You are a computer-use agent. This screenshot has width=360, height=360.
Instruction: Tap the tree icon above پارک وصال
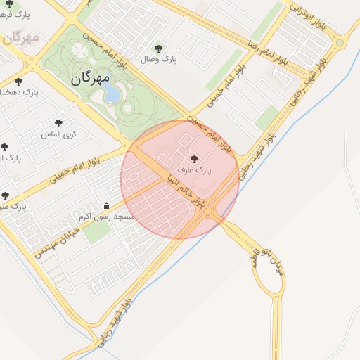(157, 49)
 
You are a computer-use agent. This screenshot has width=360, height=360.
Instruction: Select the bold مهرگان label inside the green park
(90, 80)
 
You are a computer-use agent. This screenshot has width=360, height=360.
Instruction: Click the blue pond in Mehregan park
(112, 94)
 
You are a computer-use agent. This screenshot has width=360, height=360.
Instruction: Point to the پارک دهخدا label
(20, 92)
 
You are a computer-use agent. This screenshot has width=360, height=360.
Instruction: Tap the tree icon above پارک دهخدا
(18, 82)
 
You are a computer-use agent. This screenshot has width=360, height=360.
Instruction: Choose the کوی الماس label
(61, 133)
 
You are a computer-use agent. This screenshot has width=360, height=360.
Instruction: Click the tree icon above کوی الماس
(58, 123)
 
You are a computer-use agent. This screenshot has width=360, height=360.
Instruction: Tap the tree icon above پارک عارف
(195, 160)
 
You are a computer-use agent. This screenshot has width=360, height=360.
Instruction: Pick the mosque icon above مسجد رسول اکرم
(106, 206)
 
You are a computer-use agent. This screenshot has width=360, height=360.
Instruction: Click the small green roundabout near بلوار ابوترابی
(340, 43)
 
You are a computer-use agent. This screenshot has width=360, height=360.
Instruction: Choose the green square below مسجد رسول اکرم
(98, 231)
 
